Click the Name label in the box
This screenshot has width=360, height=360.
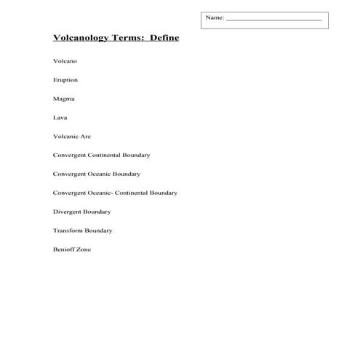[x=215, y=17]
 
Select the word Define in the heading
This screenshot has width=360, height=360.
[x=164, y=38]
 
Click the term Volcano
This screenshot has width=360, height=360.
[x=65, y=61]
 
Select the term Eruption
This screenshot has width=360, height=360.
[x=65, y=80]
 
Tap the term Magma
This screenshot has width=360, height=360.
[x=63, y=99]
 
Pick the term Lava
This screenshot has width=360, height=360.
[x=60, y=117]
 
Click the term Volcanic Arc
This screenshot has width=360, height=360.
[x=72, y=136]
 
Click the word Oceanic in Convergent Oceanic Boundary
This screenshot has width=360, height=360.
[x=102, y=174]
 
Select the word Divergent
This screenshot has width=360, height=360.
[x=68, y=212]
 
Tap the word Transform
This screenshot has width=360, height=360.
[x=68, y=231]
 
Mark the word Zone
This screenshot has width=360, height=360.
[x=84, y=249]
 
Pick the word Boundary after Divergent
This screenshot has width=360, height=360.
[x=97, y=212]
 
